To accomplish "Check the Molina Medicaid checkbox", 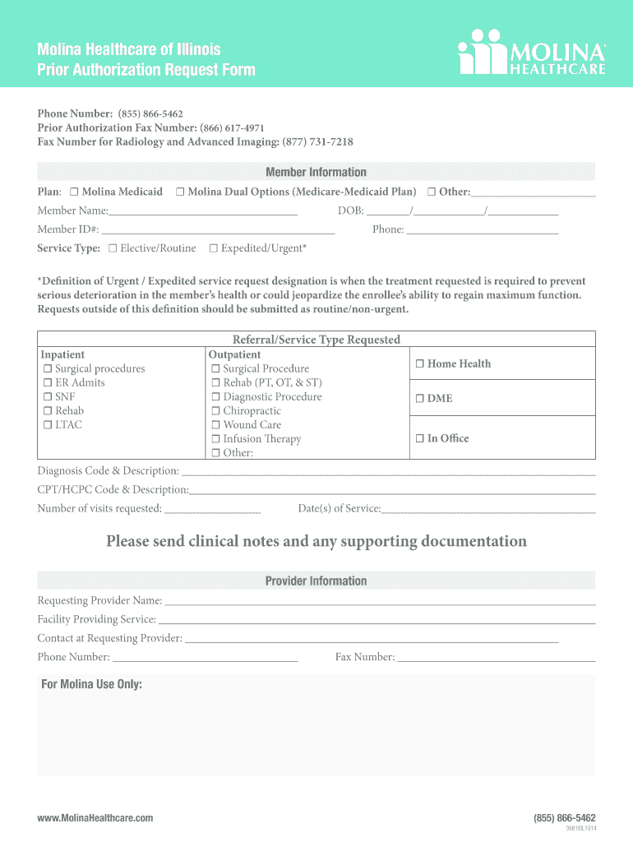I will coord(74,192).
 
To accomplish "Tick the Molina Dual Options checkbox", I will coord(180,192).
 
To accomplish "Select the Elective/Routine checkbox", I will coord(113,248).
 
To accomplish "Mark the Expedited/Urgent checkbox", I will coord(213,248).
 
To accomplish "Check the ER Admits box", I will coord(48,383).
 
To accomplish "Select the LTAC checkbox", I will coord(48,425).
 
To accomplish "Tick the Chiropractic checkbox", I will coord(215,411).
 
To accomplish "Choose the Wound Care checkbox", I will coord(215,425).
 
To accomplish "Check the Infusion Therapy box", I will coord(215,439).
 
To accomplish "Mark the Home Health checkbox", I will coord(419,364).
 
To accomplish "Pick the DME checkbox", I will coord(419,399).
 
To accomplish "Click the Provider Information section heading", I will coord(316,581).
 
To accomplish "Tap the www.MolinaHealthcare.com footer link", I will coord(95,818).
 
